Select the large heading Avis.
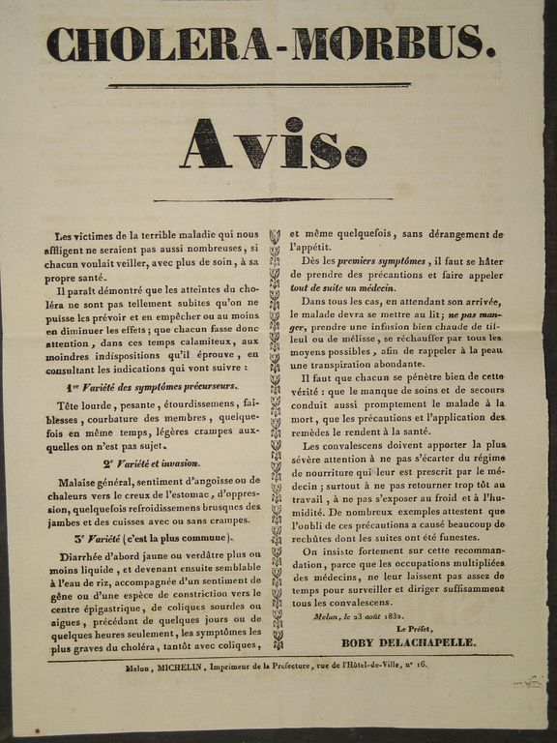click(274, 144)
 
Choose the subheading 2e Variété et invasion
click(152, 463)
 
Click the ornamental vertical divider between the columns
click(275, 435)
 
